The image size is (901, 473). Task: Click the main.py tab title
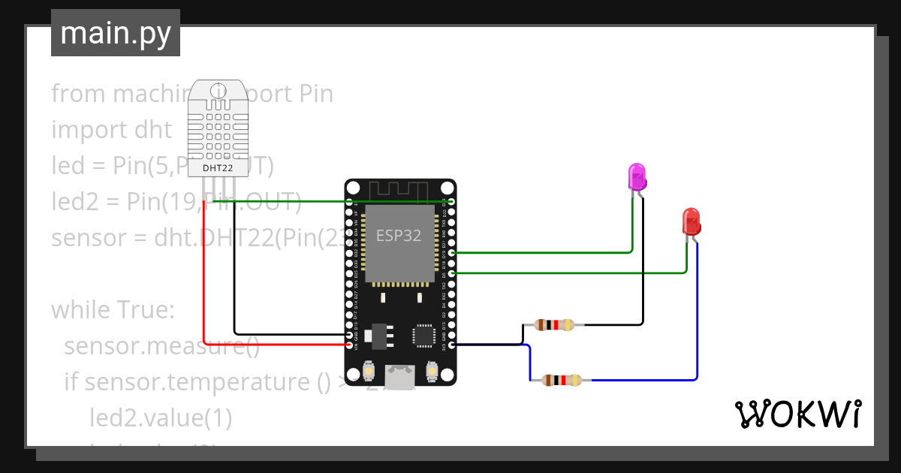click(115, 33)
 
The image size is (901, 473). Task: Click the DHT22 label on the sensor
click(218, 167)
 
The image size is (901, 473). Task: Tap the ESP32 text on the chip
click(399, 235)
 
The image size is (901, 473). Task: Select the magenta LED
click(637, 176)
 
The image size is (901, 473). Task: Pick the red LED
click(691, 221)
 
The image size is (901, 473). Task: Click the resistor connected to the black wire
click(554, 325)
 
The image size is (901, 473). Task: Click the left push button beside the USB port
click(369, 371)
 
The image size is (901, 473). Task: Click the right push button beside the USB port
click(432, 371)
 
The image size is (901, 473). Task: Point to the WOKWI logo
click(797, 414)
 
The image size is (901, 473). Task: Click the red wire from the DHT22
click(204, 285)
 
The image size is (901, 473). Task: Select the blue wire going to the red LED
click(698, 315)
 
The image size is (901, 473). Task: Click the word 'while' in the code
click(80, 309)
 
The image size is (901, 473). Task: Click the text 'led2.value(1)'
click(161, 417)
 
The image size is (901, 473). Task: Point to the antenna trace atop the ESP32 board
click(400, 192)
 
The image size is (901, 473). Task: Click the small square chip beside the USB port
click(423, 335)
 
